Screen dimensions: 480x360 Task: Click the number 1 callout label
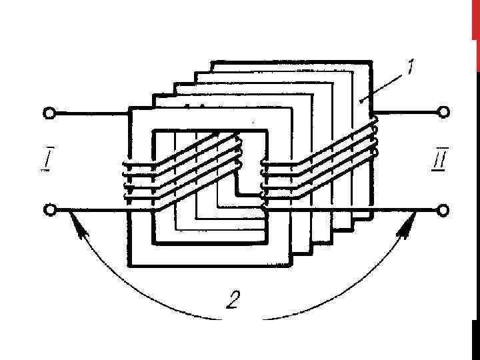tap(411, 67)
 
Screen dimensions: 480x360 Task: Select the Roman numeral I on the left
tap(44, 160)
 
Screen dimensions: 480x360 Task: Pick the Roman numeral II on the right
tap(439, 160)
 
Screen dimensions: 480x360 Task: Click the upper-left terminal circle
tap(49, 113)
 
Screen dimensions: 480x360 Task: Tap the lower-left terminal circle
tap(49, 211)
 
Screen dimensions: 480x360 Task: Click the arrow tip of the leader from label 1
tap(360, 101)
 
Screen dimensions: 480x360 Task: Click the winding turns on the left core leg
tap(138, 180)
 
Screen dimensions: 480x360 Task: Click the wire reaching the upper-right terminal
tap(407, 113)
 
